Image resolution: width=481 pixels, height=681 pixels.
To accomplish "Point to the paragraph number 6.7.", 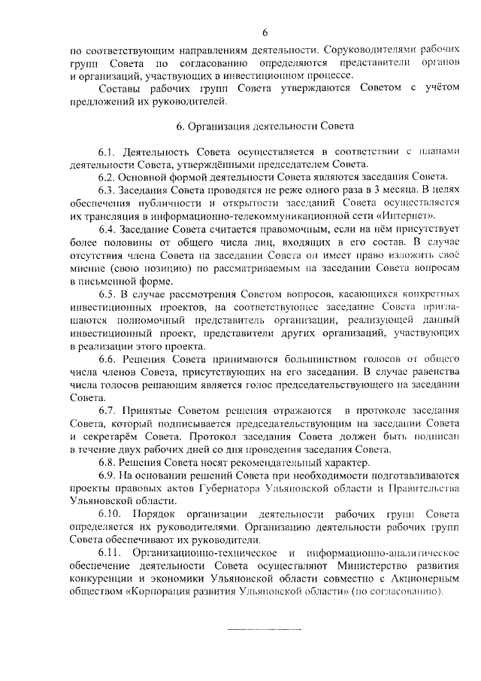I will [x=110, y=410].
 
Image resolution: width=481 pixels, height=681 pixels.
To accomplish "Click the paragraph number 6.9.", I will [x=110, y=477].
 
